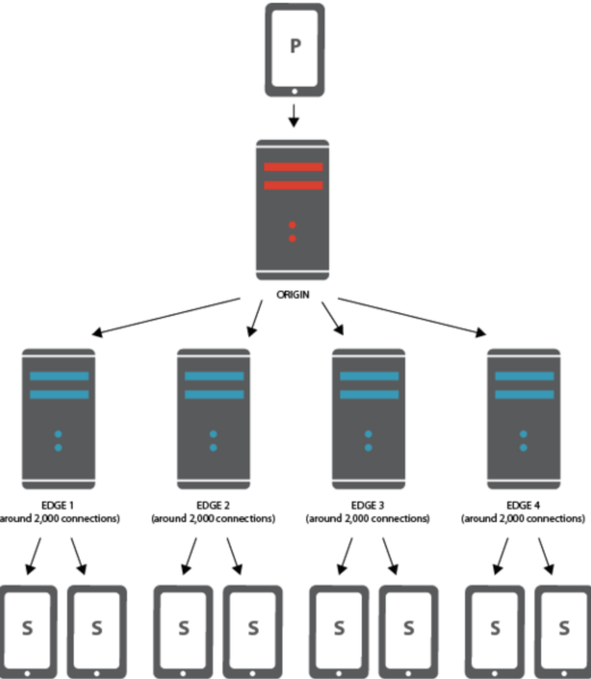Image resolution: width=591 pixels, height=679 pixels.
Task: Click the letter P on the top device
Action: point(295,46)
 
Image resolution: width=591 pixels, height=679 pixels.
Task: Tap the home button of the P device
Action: point(294,91)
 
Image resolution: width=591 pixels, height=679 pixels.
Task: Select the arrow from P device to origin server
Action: point(293,114)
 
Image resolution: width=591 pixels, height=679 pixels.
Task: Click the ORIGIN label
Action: point(293,295)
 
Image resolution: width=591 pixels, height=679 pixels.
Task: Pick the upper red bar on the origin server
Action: point(293,167)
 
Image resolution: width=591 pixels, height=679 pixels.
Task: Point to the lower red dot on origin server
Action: point(292,239)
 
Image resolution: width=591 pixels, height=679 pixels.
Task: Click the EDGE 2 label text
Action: point(213,505)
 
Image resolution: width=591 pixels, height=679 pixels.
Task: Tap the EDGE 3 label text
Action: point(368,505)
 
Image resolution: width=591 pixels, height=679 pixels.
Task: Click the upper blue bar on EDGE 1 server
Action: point(59,376)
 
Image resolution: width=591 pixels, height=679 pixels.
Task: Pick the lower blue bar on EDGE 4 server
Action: point(524,394)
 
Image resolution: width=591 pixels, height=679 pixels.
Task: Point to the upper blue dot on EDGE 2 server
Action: point(213,434)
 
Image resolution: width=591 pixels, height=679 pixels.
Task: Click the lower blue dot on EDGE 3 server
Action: point(368,448)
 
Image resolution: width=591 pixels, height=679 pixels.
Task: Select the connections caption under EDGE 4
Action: point(523,519)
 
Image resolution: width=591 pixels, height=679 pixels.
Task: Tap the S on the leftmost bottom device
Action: point(27,628)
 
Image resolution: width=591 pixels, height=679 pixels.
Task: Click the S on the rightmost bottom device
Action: point(564,628)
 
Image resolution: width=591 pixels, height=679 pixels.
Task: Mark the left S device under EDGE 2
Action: point(183,629)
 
